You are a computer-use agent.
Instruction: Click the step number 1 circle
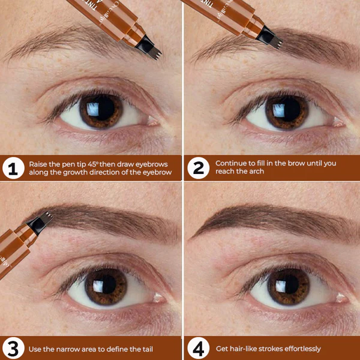pos(13,168)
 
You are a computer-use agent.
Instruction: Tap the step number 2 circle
pos(197,168)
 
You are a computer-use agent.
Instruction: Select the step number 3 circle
pos(13,348)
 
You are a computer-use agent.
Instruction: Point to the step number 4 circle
pos(197,348)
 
